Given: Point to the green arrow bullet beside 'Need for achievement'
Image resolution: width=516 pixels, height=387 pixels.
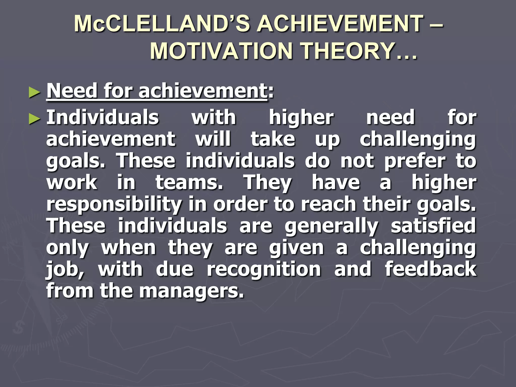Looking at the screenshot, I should [35, 92].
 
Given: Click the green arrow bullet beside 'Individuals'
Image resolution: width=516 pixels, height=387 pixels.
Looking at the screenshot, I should [35, 118].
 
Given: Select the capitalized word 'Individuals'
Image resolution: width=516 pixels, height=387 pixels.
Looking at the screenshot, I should [103, 117].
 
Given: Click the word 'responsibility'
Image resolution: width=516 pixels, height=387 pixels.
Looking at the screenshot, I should [114, 205].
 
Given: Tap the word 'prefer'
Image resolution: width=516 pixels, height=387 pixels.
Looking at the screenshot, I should [415, 161].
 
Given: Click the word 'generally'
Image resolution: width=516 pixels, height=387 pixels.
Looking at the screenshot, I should [331, 226].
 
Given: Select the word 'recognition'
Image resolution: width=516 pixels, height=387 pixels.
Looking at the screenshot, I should [264, 269].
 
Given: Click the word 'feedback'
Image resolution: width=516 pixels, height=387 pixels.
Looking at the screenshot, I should [431, 269].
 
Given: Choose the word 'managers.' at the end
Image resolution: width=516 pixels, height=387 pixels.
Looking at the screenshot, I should [191, 291].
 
